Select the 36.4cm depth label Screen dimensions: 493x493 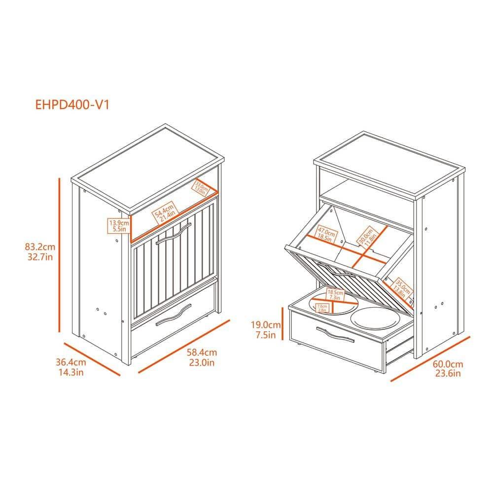70,367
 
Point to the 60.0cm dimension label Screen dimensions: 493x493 448,368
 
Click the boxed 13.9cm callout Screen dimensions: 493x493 119,226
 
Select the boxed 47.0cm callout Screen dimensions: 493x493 326,234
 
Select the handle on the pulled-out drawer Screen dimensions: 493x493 335,334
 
